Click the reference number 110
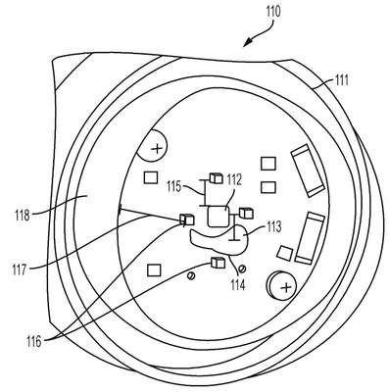pos(273,12)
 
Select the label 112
pos(234,180)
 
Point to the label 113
pos(273,227)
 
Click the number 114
pos(237,284)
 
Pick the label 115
pos(174,187)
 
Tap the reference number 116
pos(34,342)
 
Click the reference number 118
pos(22,216)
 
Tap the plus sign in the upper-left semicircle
pos(158,149)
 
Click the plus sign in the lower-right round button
pos(286,287)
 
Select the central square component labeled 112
pos(219,217)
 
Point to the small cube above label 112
pos(216,178)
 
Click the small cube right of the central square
pos(246,213)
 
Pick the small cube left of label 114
pos(218,263)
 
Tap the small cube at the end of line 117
pos(187,220)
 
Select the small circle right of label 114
pos(242,269)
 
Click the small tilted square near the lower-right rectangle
pos(284,254)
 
